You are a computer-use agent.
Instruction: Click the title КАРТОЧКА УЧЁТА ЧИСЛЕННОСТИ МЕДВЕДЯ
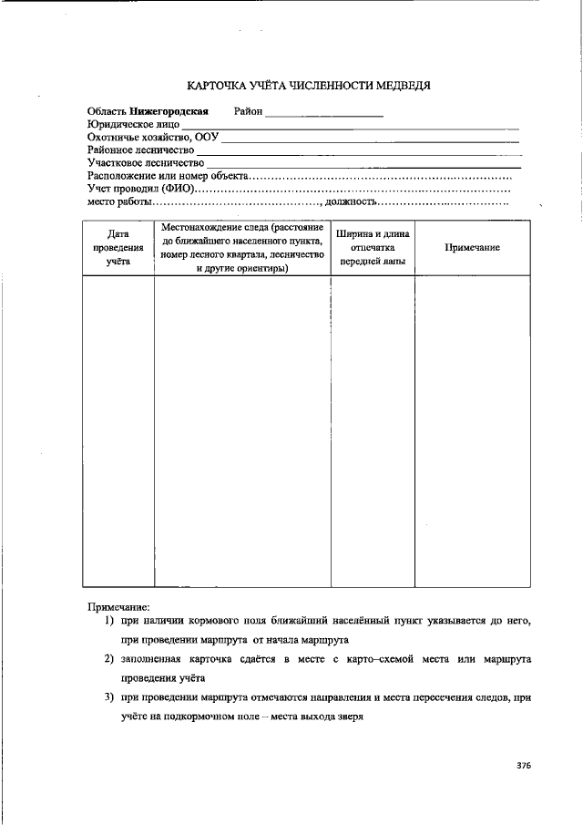pyautogui.click(x=308, y=86)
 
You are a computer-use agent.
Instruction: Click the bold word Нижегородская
pyautogui.click(x=169, y=112)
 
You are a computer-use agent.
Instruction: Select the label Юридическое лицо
pyautogui.click(x=133, y=125)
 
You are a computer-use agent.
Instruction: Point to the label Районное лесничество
pyautogui.click(x=140, y=150)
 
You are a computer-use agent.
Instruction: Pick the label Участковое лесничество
pyautogui.click(x=145, y=163)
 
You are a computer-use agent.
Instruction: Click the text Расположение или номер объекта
pyautogui.click(x=168, y=176)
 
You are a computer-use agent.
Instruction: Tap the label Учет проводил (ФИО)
pyautogui.click(x=140, y=189)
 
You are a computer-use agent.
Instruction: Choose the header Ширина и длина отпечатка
pyautogui.click(x=373, y=248)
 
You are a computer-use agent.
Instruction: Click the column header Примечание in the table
pyautogui.click(x=472, y=248)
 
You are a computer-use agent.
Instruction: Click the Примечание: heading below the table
pyautogui.click(x=118, y=606)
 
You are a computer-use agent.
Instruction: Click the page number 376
pyautogui.click(x=522, y=766)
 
